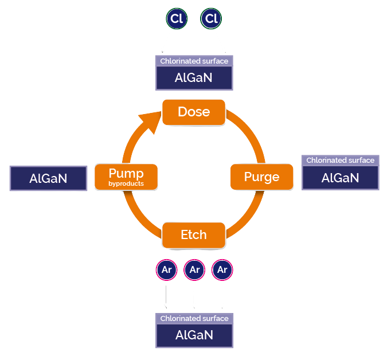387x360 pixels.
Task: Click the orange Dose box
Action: (x=194, y=112)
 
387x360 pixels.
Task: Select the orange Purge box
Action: (x=262, y=177)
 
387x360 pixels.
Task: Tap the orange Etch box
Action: (x=193, y=235)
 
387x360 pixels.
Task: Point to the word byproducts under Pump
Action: (x=126, y=184)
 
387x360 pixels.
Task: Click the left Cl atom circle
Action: (x=177, y=19)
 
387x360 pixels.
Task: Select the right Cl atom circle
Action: (x=212, y=19)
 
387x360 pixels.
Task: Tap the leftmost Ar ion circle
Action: (x=167, y=270)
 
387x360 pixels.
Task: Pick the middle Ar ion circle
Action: (x=194, y=270)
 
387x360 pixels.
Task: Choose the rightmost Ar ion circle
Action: (x=222, y=270)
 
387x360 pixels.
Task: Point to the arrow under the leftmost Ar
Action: (x=167, y=296)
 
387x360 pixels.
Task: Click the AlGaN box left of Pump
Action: (x=49, y=178)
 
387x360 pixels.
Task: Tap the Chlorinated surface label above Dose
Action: (x=194, y=61)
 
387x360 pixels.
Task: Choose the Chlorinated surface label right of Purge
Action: (x=340, y=161)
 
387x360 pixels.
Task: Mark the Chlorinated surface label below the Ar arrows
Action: (x=194, y=319)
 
